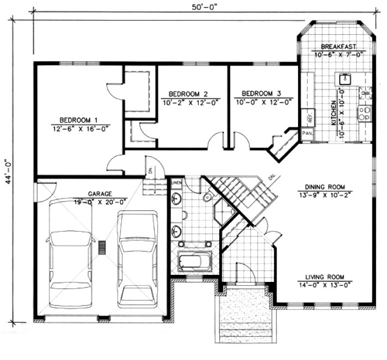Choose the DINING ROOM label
(x=321, y=185)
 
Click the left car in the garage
(x=71, y=253)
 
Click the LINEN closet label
(x=176, y=183)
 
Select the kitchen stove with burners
(x=364, y=113)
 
